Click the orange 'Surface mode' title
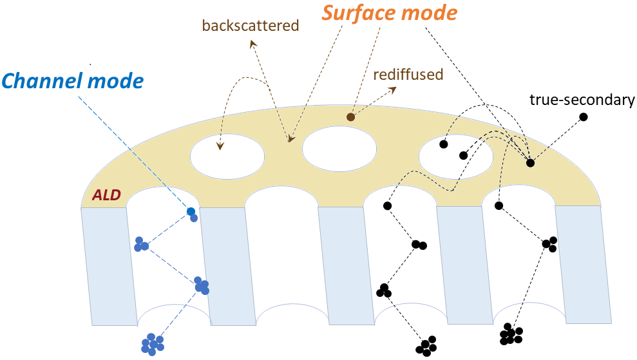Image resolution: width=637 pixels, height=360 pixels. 389,12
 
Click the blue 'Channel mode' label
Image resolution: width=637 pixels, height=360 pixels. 73,81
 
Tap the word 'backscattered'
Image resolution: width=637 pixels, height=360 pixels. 251,26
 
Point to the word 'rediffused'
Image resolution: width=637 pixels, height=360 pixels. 408,74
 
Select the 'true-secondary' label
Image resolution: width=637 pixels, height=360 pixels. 582,100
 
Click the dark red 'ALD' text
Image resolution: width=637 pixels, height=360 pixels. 106,194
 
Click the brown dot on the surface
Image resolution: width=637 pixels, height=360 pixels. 350,117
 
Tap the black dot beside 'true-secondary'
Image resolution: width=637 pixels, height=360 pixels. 583,117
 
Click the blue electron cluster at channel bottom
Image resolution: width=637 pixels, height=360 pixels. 152,344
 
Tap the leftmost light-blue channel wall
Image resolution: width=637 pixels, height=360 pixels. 109,264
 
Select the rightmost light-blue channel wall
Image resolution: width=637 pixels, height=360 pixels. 583,264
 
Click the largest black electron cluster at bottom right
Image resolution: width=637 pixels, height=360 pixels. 510,334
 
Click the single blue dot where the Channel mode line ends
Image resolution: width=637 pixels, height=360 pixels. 191,211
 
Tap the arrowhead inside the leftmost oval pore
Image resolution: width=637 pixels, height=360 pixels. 220,147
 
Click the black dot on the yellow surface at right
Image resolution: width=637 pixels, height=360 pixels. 530,163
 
